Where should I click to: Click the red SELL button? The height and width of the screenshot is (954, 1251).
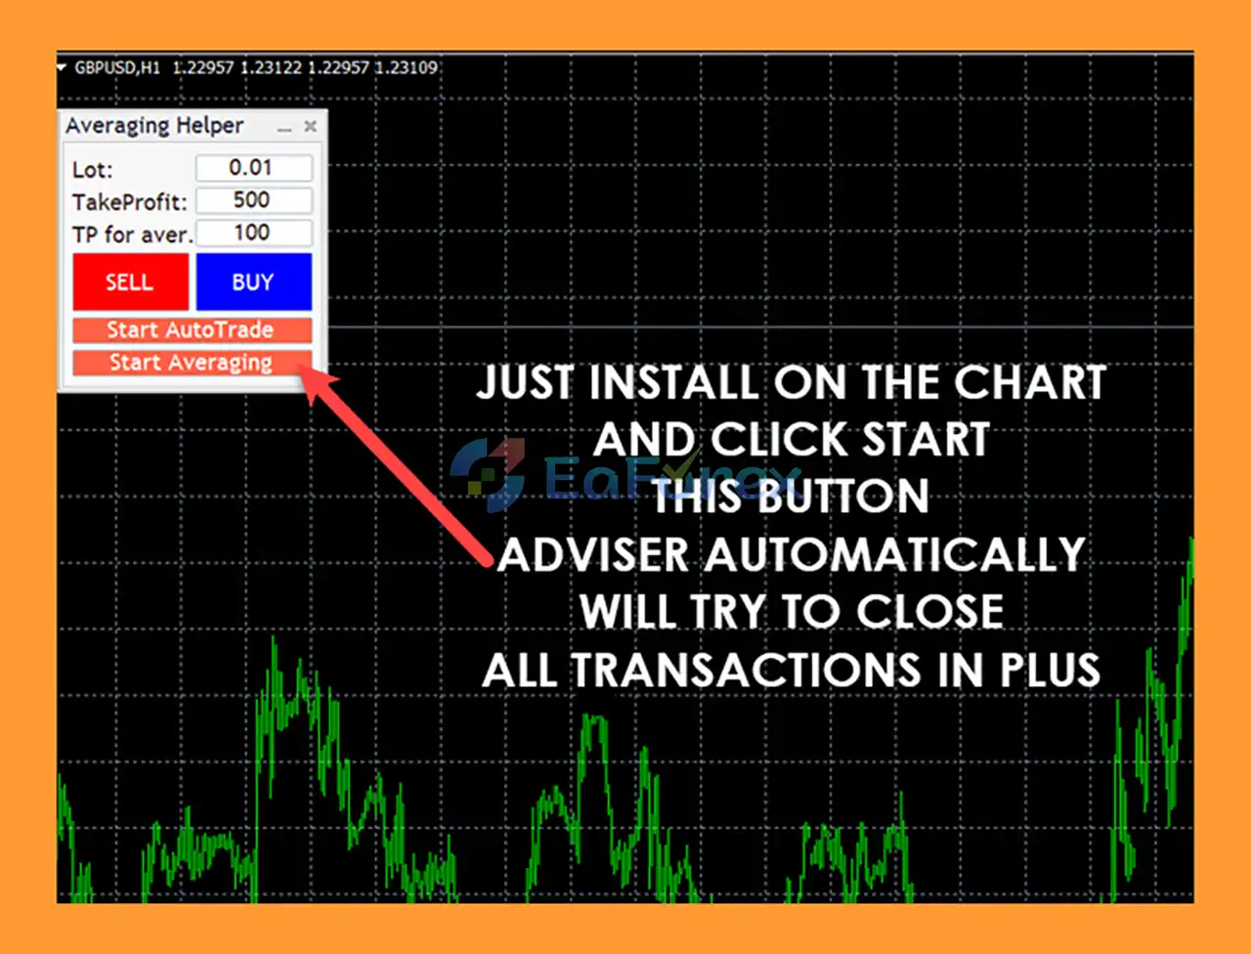click(x=131, y=282)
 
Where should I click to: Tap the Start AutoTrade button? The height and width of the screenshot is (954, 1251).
click(x=193, y=330)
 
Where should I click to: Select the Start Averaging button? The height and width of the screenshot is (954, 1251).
click(x=193, y=363)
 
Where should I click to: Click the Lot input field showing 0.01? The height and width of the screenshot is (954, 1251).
click(x=253, y=168)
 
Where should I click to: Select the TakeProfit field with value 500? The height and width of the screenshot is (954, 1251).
click(x=253, y=200)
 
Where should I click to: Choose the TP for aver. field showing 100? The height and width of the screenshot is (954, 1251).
click(x=253, y=233)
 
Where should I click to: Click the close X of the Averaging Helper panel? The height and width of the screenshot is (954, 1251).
click(x=310, y=126)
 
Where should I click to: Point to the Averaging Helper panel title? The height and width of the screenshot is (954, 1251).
click(x=154, y=126)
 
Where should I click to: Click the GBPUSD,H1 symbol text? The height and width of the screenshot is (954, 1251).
click(x=117, y=67)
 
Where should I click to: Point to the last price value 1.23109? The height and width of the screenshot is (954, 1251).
click(x=406, y=67)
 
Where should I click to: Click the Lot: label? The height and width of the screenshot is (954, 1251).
click(x=92, y=170)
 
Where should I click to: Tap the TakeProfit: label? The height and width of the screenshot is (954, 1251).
click(x=129, y=202)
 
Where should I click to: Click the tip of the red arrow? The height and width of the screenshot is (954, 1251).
click(x=299, y=367)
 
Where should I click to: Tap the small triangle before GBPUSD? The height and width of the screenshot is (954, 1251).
click(x=62, y=67)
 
